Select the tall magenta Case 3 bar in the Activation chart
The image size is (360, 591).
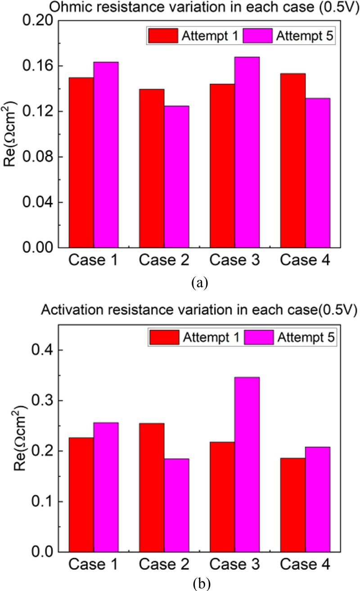[247, 464]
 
